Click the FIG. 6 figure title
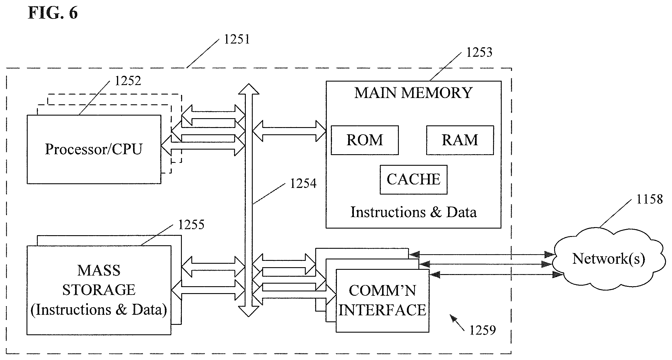[53, 13]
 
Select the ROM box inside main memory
[365, 140]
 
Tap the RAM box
[460, 140]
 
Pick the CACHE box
[414, 180]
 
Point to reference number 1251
[237, 39]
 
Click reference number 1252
[128, 81]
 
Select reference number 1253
[479, 52]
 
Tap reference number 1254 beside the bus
[303, 184]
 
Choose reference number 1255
[191, 225]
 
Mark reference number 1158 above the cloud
[650, 199]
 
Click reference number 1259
[483, 330]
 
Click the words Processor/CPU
[94, 149]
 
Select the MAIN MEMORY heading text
[414, 93]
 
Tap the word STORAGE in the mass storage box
[99, 290]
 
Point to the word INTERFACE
[382, 310]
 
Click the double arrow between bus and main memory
[289, 131]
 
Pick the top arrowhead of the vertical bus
[249, 89]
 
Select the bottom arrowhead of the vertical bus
[249, 312]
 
